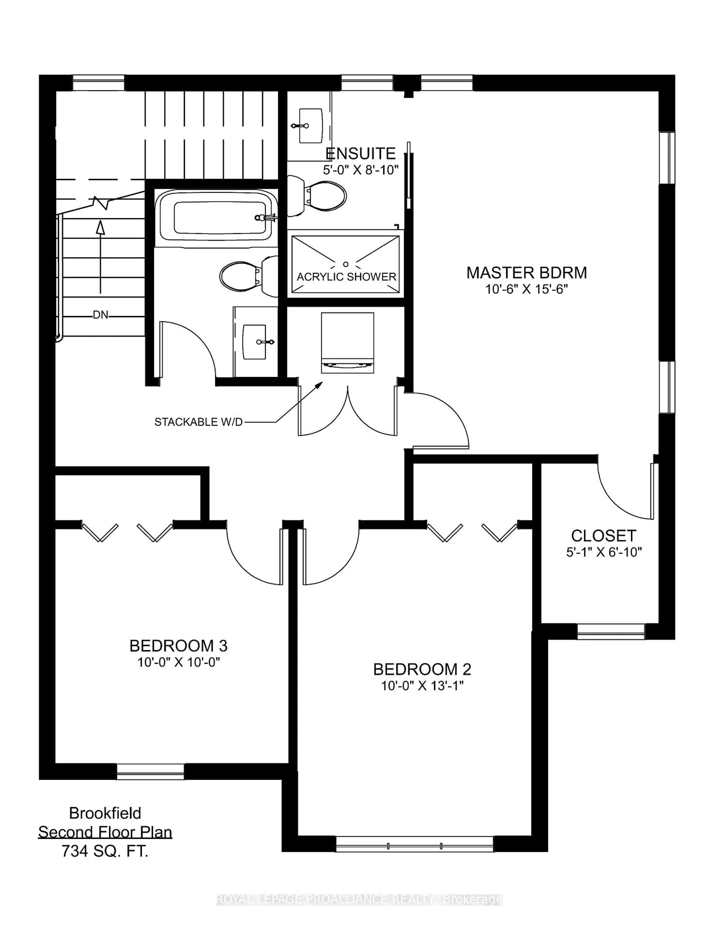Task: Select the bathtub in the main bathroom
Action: coord(216,218)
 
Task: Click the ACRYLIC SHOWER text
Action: coord(346,277)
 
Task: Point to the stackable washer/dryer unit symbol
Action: coord(347,343)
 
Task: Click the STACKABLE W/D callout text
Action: coord(198,422)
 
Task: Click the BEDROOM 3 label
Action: coord(178,646)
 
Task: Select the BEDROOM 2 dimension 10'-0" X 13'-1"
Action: coord(422,686)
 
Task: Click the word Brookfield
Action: coord(105,813)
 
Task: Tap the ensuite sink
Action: coord(310,126)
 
